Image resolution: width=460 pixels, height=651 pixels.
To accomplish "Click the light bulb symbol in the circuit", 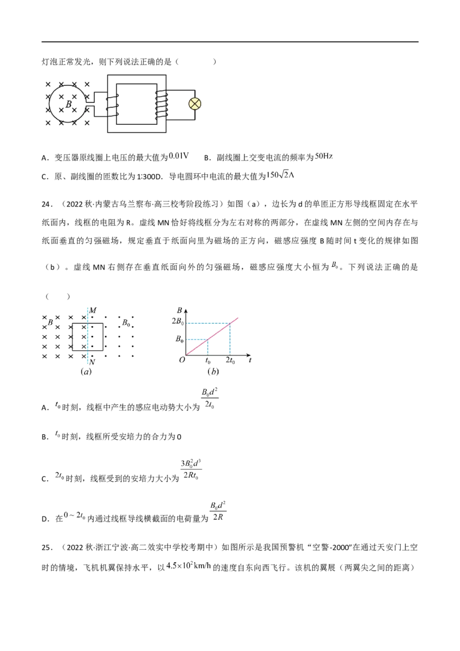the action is coord(195,104).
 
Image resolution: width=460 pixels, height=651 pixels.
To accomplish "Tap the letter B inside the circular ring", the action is coord(69,104).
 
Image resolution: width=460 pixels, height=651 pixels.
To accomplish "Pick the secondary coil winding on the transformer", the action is coord(160,104).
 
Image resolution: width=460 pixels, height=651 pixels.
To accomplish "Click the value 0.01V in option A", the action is coord(179,156).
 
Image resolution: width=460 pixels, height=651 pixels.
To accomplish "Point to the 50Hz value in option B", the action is coord(324,156).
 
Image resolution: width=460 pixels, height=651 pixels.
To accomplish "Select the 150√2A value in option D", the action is coord(280,175).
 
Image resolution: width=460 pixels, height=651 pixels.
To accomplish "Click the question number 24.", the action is coord(47,204).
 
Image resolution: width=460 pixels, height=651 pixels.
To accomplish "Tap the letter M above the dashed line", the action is coord(93,311).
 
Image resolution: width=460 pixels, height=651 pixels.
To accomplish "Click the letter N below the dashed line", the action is coord(93,362).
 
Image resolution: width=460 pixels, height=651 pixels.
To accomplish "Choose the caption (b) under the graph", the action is coord(213,372).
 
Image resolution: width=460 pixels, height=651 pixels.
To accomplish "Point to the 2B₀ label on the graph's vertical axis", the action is coord(178,321).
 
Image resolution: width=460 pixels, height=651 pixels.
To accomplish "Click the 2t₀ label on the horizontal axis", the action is coord(230,361).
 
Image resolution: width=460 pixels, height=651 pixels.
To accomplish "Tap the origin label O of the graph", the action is coord(182,360).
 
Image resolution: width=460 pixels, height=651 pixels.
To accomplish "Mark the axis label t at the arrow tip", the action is coord(250,361).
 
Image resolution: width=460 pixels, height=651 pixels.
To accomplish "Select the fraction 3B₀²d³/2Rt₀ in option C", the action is coord(191,470).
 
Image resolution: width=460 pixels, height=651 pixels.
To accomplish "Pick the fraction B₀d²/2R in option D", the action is coord(218,511).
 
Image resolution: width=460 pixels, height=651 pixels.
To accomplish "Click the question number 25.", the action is coord(47,547).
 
